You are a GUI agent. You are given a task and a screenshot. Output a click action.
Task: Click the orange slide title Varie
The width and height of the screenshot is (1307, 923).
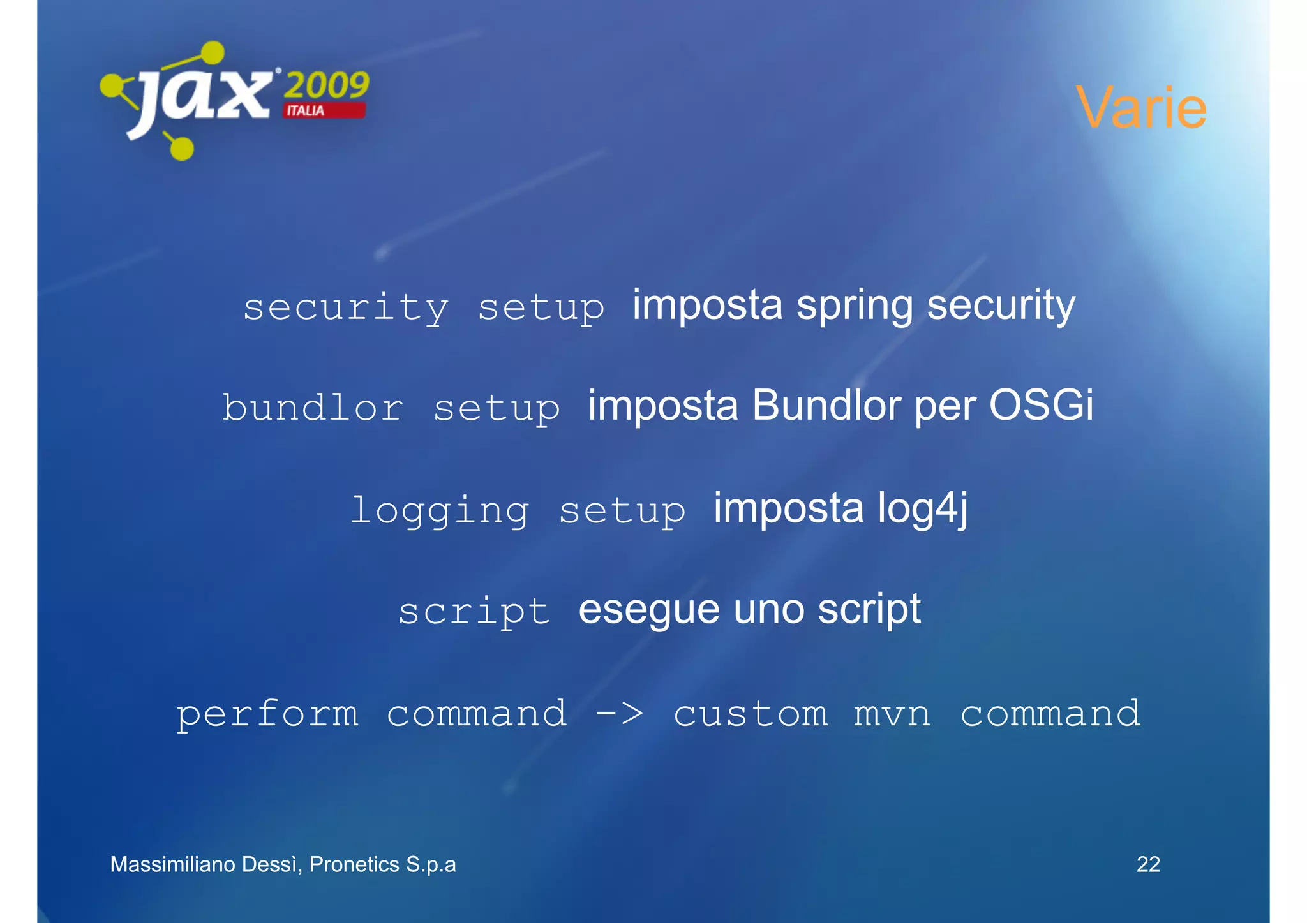pyautogui.click(x=1140, y=108)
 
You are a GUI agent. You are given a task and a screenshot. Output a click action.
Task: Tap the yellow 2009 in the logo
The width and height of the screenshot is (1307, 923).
pyautogui.click(x=326, y=85)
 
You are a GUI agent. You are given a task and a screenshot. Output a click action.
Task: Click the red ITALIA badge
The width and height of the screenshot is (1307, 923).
pyautogui.click(x=324, y=111)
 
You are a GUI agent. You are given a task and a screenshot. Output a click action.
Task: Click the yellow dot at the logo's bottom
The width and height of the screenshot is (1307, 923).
pyautogui.click(x=182, y=149)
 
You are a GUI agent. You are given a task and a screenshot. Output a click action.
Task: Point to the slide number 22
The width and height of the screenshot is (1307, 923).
pyautogui.click(x=1148, y=864)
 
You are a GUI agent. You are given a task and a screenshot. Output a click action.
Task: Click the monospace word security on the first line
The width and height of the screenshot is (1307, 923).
pyautogui.click(x=346, y=308)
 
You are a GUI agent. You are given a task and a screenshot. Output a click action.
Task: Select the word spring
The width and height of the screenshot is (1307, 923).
pyautogui.click(x=855, y=306)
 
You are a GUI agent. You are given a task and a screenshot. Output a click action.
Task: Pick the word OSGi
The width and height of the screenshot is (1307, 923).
pyautogui.click(x=1041, y=406)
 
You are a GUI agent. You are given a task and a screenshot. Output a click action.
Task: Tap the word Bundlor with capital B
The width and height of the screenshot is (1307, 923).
pyautogui.click(x=826, y=406)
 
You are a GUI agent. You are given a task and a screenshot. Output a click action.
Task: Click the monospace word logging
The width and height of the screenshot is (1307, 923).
pyautogui.click(x=440, y=510)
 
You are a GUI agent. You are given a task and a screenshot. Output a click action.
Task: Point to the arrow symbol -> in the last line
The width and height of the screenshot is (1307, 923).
pyautogui.click(x=619, y=713)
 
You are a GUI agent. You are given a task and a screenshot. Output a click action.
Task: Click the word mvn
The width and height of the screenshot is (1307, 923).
pyautogui.click(x=892, y=714)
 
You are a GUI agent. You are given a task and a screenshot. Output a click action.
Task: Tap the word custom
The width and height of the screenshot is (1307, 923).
pyautogui.click(x=751, y=714)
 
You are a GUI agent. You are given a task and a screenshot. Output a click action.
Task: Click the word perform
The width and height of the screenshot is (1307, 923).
pyautogui.click(x=267, y=714)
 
